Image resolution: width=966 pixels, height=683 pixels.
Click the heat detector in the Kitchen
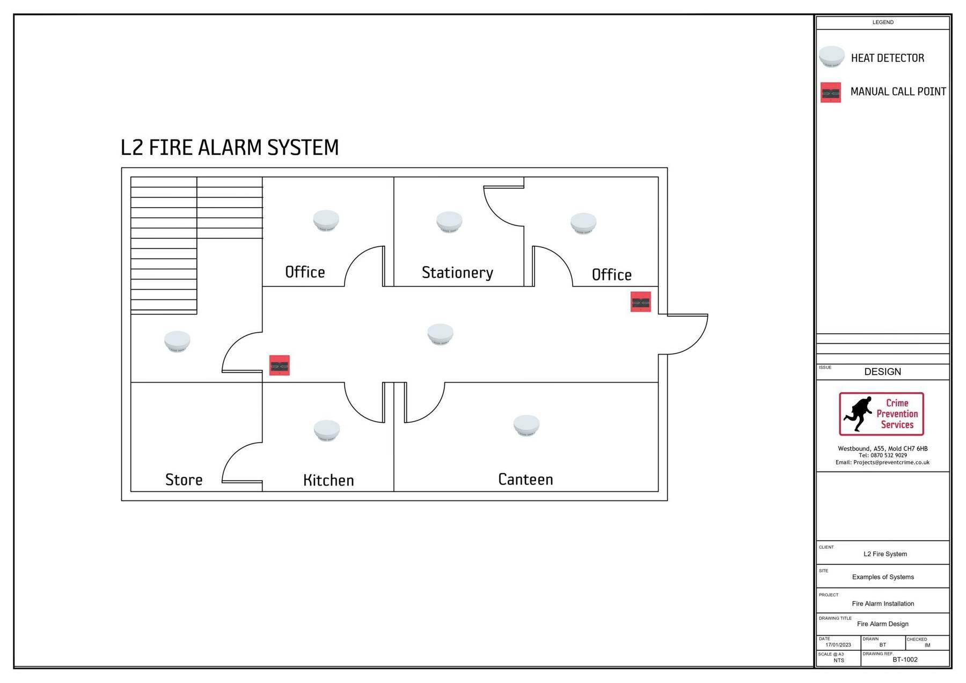(327, 430)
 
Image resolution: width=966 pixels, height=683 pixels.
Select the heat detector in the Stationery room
(449, 222)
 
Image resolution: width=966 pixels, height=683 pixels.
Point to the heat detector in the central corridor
(440, 334)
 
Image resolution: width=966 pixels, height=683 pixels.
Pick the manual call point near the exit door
(640, 302)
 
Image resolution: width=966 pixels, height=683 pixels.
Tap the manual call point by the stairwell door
(279, 365)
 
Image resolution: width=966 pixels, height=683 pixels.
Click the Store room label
(184, 480)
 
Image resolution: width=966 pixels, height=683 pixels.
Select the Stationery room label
(457, 273)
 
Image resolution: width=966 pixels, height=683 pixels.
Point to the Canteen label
(525, 479)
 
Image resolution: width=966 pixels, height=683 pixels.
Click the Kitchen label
(328, 480)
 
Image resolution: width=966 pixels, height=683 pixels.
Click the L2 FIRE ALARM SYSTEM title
(230, 148)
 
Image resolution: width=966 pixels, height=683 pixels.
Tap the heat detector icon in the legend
(831, 57)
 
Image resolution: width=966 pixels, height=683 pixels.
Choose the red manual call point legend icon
(831, 92)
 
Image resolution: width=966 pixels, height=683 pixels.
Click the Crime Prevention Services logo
(881, 414)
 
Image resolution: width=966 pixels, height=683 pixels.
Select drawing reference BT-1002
(905, 659)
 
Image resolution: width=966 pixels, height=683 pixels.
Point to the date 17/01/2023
(838, 645)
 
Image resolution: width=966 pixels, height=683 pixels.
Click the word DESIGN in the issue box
(882, 372)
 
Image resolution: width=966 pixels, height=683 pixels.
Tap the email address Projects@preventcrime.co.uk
(882, 462)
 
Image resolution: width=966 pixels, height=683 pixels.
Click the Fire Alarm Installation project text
(883, 604)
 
